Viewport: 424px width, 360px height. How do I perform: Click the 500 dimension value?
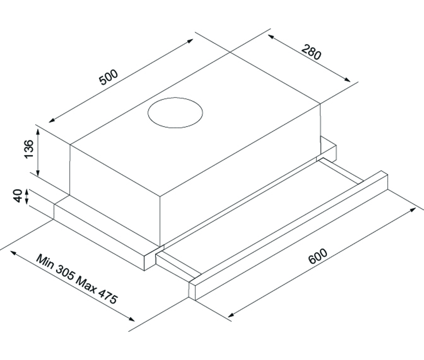(109, 77)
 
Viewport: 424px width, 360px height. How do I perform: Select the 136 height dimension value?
(29, 149)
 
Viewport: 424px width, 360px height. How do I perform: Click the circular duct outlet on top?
(175, 113)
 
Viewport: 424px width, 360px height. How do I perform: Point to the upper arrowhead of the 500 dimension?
(190, 40)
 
